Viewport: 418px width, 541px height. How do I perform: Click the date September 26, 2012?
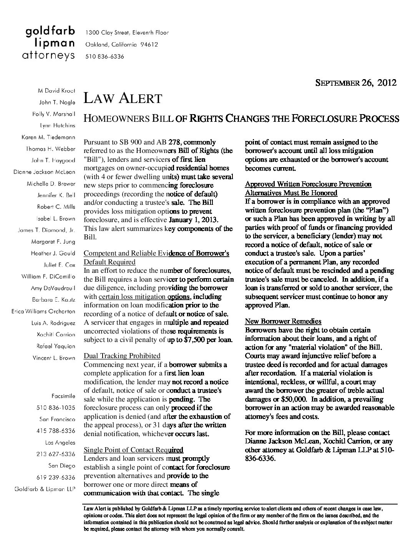(x=356, y=83)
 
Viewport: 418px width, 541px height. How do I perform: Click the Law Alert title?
(x=123, y=98)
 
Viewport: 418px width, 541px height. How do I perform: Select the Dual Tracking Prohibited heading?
(x=122, y=356)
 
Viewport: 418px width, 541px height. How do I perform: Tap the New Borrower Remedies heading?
(x=283, y=321)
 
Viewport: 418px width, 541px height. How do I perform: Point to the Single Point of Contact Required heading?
(x=133, y=450)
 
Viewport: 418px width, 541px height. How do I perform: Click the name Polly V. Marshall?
(x=54, y=114)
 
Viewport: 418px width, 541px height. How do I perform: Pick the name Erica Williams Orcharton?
(x=43, y=311)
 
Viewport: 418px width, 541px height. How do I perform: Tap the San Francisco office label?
(x=57, y=419)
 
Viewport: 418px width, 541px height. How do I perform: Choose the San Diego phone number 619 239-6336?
(x=56, y=477)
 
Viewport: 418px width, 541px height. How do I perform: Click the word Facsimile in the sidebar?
(x=63, y=396)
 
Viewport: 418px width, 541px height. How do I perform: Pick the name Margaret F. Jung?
(x=53, y=242)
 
